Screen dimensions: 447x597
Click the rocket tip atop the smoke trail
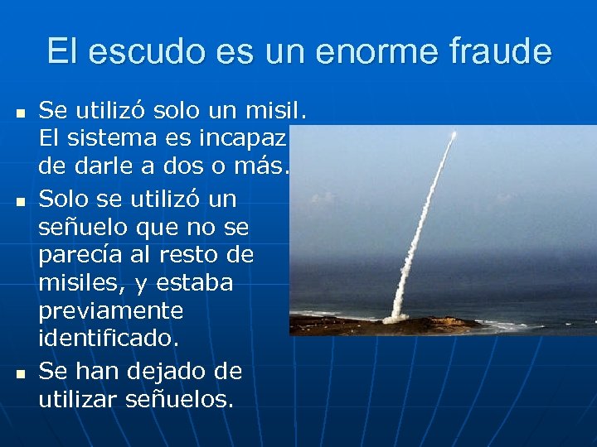[x=454, y=133]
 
